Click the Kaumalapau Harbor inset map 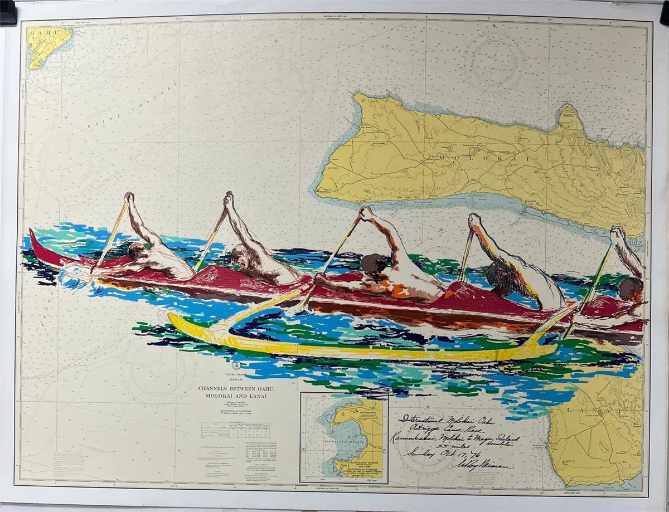(x=343, y=437)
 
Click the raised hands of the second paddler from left (x=228, y=198)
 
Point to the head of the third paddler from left (x=370, y=264)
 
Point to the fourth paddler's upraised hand (x=474, y=220)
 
